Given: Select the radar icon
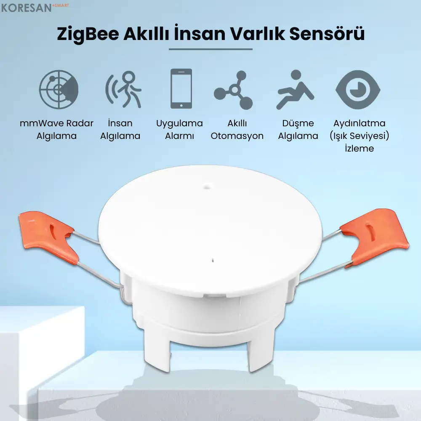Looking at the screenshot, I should click(x=59, y=89).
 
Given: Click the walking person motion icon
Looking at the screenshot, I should click(x=123, y=89).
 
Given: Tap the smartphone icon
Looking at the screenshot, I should click(x=181, y=89).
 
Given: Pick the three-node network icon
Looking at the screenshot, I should click(x=234, y=90).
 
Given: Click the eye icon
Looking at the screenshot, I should click(x=358, y=89).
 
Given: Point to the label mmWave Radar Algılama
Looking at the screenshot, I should click(x=56, y=130).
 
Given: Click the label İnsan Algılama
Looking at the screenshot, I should click(x=120, y=130).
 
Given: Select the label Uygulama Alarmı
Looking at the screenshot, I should click(x=179, y=130).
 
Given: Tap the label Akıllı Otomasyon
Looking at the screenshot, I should click(x=237, y=130).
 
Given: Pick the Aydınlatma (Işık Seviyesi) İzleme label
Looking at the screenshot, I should click(x=359, y=136).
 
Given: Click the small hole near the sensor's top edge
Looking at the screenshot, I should click(x=206, y=184).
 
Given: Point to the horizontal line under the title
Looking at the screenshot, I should click(x=210, y=49).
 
